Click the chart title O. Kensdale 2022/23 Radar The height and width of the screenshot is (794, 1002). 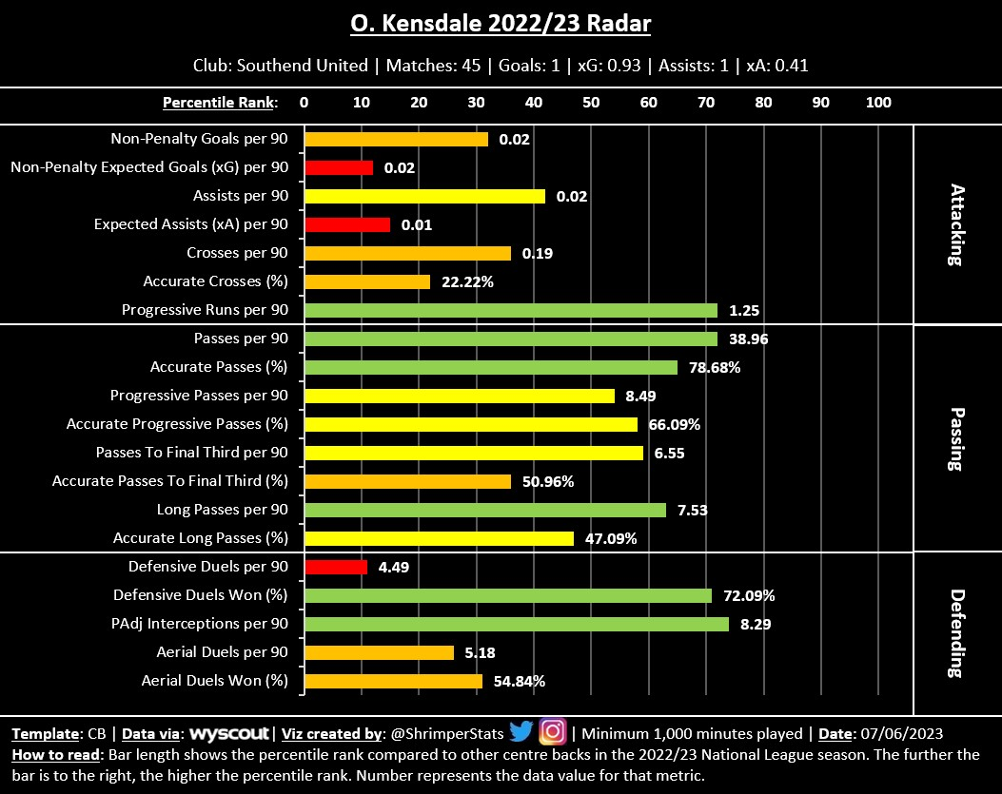point(501,23)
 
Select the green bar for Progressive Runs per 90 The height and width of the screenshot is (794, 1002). point(511,310)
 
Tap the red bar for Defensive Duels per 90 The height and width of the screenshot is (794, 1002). point(336,567)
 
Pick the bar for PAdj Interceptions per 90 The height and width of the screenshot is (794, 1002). point(517,624)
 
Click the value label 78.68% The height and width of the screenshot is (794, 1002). point(717,367)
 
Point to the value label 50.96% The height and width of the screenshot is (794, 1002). point(548,481)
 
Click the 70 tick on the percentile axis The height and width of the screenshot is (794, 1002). point(706,102)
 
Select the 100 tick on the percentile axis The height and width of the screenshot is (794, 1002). point(878,102)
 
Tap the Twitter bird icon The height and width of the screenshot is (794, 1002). point(521,732)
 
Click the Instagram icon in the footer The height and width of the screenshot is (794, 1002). point(552,732)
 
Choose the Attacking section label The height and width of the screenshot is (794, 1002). point(957,224)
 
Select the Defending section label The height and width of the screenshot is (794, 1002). point(957,632)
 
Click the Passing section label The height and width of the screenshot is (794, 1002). point(957,438)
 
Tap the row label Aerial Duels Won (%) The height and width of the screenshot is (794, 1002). point(214,681)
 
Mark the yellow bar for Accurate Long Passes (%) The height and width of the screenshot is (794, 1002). point(439,538)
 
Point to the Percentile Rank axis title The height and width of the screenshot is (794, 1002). point(220,102)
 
